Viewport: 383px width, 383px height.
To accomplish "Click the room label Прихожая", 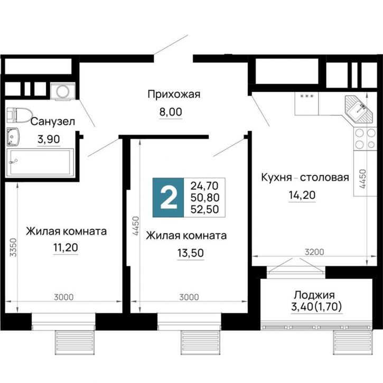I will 174,95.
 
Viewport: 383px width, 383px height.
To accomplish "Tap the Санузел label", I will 52,122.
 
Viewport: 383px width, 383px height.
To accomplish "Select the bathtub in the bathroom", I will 40,163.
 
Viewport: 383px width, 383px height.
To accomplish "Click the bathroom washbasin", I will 13,137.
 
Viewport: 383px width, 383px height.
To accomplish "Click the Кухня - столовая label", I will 305,178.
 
